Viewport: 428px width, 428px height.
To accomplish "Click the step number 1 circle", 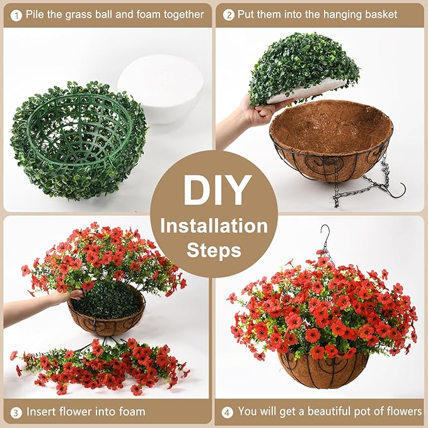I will pyautogui.click(x=13, y=14).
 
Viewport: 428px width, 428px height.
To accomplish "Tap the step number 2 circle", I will pyautogui.click(x=229, y=14).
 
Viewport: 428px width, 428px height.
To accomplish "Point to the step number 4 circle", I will pyautogui.click(x=227, y=412).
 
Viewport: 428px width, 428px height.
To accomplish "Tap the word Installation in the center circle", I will pyautogui.click(x=214, y=225).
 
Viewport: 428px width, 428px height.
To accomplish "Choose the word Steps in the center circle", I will pyautogui.click(x=214, y=250).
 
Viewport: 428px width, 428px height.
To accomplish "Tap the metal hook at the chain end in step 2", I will pyautogui.click(x=397, y=189).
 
